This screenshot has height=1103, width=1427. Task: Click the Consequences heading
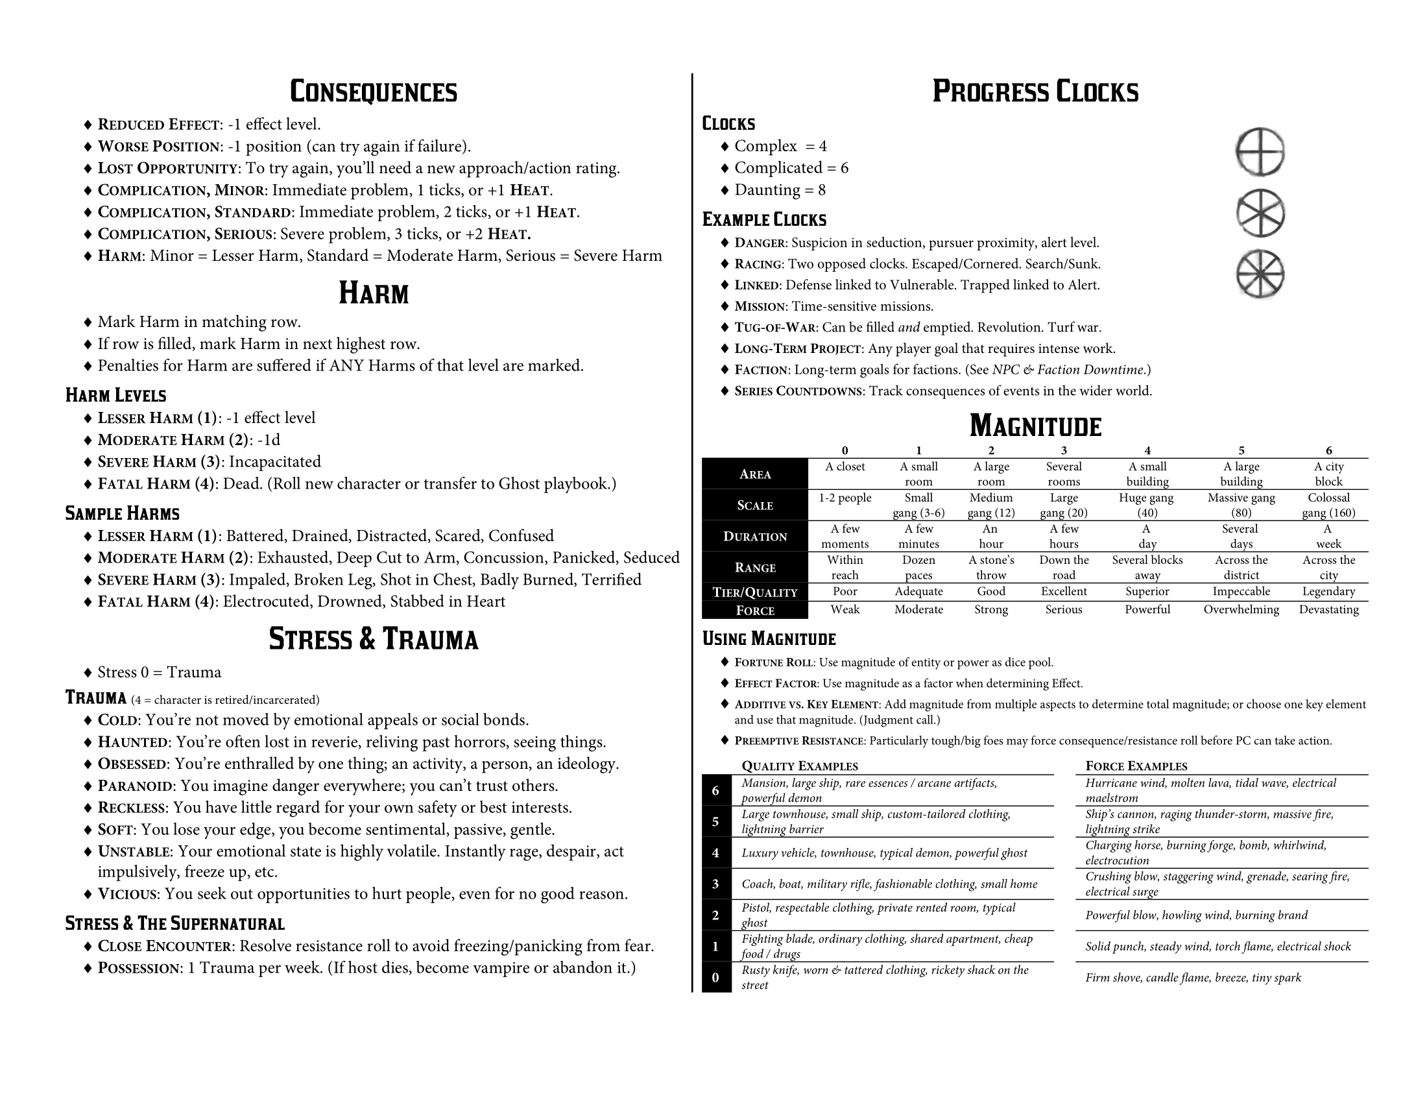[x=373, y=91]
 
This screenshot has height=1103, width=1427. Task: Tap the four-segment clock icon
[x=1260, y=152]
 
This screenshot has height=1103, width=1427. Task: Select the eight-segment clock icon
[x=1260, y=274]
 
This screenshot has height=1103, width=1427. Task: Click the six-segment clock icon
[x=1260, y=213]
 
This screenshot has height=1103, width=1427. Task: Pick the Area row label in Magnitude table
[x=754, y=474]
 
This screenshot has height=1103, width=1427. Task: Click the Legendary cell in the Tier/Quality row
[x=1328, y=591]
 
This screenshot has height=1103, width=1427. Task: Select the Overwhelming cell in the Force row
[x=1241, y=610]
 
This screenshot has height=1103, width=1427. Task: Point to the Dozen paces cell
[x=918, y=567]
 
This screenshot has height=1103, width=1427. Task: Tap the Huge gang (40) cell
[x=1147, y=505]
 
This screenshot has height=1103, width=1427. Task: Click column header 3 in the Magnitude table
[x=1064, y=450]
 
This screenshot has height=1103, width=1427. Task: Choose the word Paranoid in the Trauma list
[x=136, y=786]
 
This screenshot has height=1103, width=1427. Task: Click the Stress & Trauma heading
[x=373, y=639]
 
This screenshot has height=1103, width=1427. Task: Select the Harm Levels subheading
[x=115, y=395]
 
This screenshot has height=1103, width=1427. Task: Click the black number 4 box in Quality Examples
[x=715, y=853]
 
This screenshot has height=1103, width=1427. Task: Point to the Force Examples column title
[x=1136, y=766]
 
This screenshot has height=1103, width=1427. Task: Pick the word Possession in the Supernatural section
[x=138, y=969]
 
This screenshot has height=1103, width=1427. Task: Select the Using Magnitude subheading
[x=769, y=638]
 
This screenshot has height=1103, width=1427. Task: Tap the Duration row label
[x=754, y=537]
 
